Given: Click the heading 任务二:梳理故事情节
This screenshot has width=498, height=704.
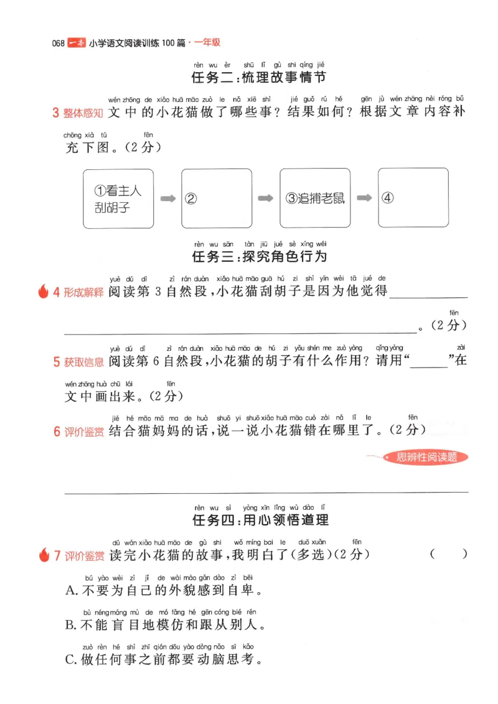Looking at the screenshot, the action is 259,78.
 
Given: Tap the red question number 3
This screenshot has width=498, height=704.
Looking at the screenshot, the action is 55,113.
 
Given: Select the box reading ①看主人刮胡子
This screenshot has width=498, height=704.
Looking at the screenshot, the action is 118,198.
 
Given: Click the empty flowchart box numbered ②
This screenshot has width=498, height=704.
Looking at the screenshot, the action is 215,198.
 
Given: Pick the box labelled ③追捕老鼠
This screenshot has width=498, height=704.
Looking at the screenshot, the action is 314,198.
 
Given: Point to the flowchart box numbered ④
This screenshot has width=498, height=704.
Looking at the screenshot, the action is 413,198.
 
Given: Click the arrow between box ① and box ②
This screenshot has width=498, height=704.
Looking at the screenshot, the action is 167,199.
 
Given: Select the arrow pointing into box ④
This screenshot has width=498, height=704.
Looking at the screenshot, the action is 364,199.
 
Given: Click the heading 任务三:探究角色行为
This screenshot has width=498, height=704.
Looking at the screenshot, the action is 259,256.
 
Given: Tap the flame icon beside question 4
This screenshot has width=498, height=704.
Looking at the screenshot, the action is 44,292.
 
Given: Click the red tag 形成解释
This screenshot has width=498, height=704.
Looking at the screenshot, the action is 84,292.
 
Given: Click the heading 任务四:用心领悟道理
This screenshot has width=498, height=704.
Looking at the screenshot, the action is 259,519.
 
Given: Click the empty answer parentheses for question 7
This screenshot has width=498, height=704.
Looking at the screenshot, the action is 448,555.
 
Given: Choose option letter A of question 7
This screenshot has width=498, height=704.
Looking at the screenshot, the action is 70,590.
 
